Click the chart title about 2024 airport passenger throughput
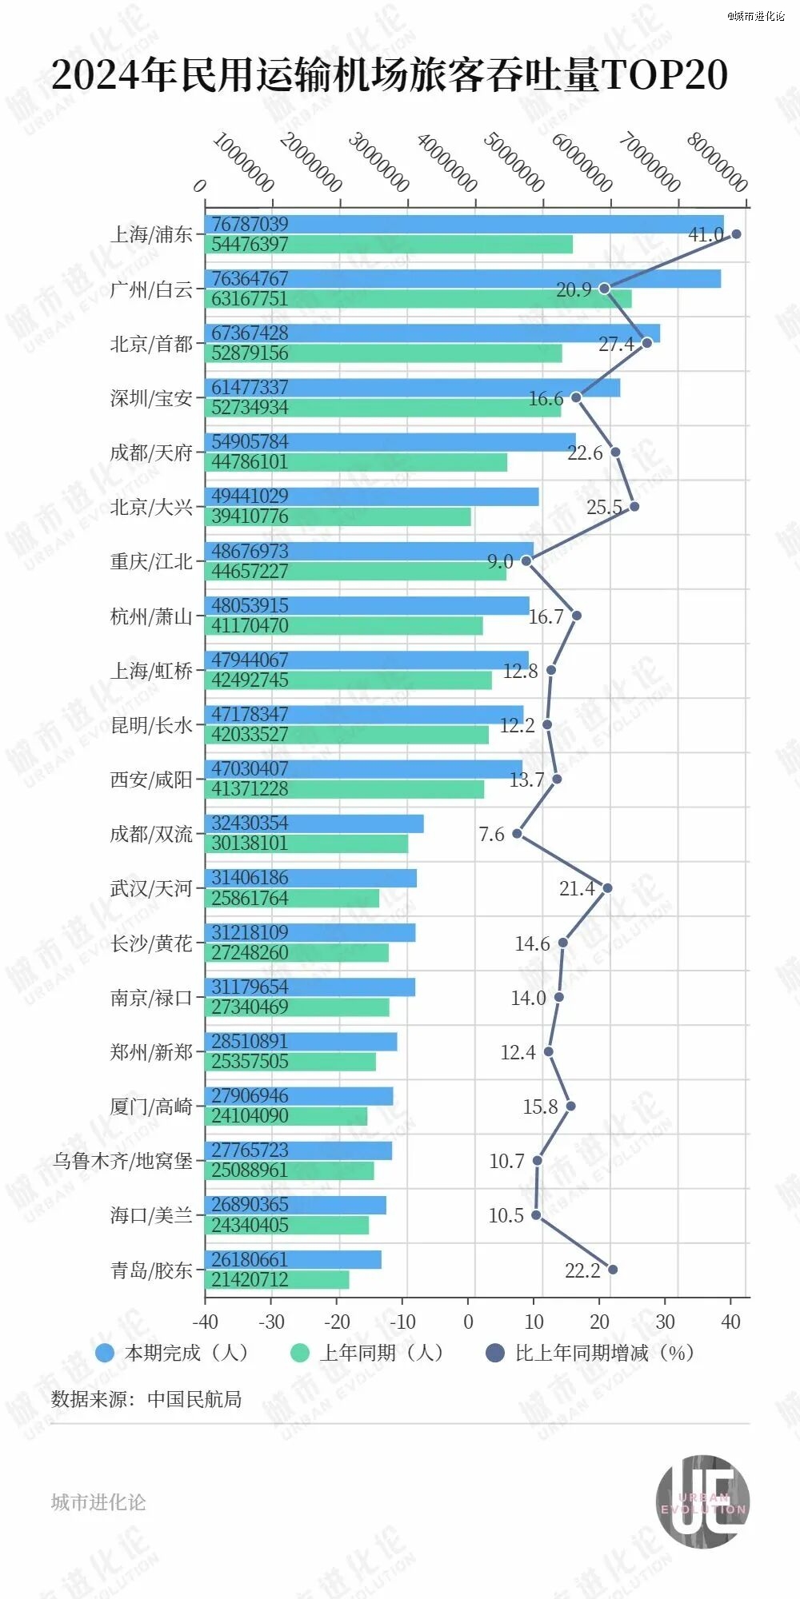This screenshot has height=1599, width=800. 390,74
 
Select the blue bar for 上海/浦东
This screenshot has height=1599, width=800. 464,225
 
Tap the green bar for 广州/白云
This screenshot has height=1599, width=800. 418,299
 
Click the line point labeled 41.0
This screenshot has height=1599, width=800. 736,234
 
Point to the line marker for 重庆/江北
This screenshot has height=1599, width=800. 526,561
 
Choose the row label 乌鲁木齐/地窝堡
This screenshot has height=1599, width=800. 123,1161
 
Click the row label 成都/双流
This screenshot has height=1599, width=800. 151,834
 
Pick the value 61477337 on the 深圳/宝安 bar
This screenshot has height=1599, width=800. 250,388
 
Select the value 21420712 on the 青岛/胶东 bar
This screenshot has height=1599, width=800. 250,1279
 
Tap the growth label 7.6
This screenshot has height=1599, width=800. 491,835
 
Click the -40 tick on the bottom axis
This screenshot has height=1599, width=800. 205,1322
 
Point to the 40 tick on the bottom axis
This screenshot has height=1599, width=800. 730,1322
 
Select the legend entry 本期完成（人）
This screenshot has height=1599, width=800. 172,1353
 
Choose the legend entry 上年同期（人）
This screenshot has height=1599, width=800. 367,1353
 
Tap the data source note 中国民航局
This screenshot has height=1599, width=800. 146,1399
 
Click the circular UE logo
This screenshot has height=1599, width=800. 702,1501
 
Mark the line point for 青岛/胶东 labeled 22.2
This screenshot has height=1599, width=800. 613,1269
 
